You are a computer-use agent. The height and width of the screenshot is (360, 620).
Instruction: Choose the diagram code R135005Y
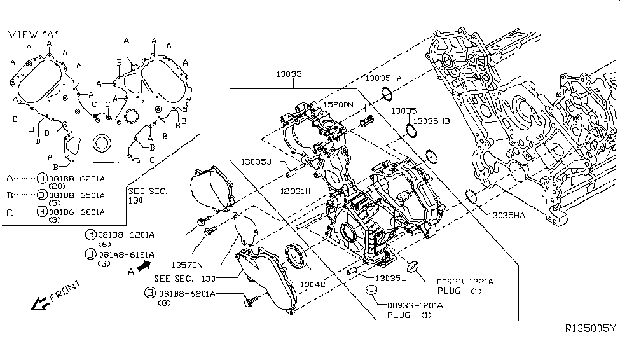point(590,328)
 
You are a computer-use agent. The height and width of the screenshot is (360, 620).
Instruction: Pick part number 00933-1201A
point(416,306)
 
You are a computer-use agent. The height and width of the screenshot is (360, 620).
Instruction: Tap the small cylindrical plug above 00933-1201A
point(370,291)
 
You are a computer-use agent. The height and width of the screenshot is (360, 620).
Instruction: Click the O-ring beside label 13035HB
point(431,156)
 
